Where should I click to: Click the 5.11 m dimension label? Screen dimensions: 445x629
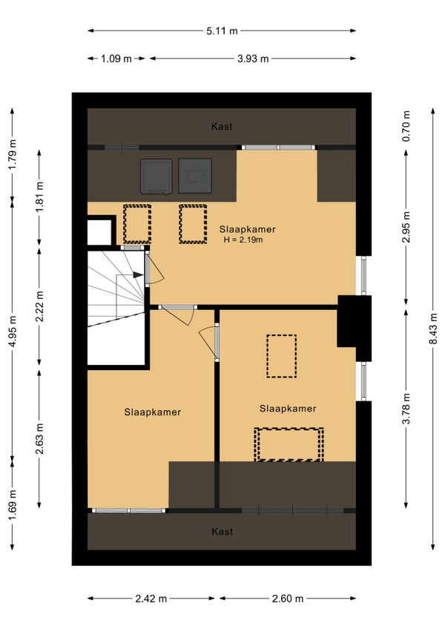(222, 31)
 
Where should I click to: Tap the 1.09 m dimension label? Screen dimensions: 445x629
(116, 59)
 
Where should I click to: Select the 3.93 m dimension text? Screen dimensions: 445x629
(253, 59)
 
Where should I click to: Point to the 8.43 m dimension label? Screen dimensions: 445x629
(433, 329)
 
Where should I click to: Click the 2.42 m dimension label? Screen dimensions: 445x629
(151, 599)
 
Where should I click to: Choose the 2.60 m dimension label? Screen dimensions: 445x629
(288, 599)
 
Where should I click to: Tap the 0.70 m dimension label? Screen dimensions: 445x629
(406, 126)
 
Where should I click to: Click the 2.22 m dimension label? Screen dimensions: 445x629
(39, 306)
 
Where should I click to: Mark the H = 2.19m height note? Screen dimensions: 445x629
(243, 240)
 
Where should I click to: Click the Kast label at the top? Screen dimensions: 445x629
(222, 126)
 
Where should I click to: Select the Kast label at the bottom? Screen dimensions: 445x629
(222, 532)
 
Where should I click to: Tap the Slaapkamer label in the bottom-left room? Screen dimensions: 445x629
(153, 412)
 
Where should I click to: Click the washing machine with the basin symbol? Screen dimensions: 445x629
(195, 176)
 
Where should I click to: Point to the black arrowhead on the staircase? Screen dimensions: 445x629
(138, 274)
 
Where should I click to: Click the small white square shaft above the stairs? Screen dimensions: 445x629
(99, 232)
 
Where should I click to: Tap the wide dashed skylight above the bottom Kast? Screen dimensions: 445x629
(289, 444)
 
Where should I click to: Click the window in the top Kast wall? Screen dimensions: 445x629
(278, 148)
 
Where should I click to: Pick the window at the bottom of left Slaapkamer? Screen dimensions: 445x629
(128, 510)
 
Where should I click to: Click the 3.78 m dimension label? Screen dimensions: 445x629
(406, 409)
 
